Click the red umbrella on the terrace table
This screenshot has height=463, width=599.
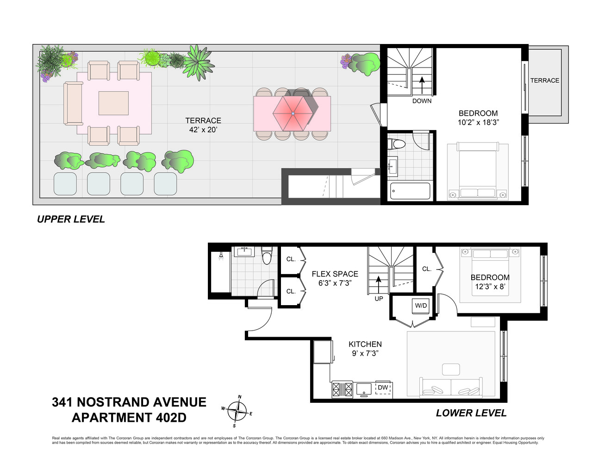[x=293, y=113]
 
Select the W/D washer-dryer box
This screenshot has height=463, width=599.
[x=421, y=306]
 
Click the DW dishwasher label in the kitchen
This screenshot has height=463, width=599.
[x=383, y=388]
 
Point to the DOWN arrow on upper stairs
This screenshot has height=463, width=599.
[x=422, y=85]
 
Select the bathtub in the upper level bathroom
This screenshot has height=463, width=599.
[x=410, y=191]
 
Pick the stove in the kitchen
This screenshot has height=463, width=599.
[x=342, y=389]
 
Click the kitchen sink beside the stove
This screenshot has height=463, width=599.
[x=364, y=389]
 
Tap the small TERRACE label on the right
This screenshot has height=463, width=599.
[x=544, y=81]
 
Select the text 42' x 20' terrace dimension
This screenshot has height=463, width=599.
[x=203, y=130]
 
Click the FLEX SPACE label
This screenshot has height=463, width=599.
[x=335, y=274]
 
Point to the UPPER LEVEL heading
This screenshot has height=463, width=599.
[x=71, y=219]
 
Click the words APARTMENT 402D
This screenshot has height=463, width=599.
[x=129, y=418]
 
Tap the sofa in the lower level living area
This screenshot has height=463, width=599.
[x=451, y=388]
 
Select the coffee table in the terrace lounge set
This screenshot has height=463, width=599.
[x=113, y=103]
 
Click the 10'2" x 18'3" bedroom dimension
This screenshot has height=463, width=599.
[x=478, y=123]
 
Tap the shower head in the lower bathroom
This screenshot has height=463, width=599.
[x=221, y=256]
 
